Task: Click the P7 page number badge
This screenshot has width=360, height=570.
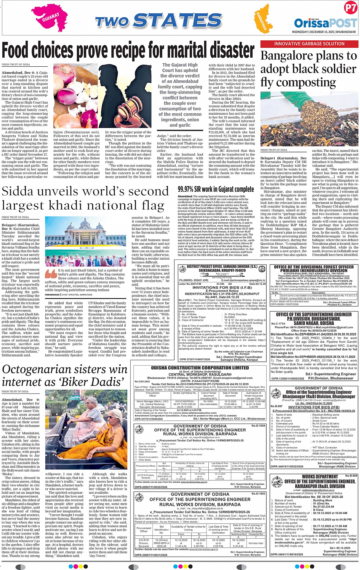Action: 350,8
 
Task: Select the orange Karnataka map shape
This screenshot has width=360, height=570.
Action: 261,21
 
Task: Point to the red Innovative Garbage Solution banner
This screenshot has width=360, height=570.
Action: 309,44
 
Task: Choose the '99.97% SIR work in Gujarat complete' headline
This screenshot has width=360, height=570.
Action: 216,189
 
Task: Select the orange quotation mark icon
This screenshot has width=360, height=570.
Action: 50,274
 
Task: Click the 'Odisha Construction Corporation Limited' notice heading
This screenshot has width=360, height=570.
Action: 200,368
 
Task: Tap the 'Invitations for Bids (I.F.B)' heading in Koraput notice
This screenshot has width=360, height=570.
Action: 216,287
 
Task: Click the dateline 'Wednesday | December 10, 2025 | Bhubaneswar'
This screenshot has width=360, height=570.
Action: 324,32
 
